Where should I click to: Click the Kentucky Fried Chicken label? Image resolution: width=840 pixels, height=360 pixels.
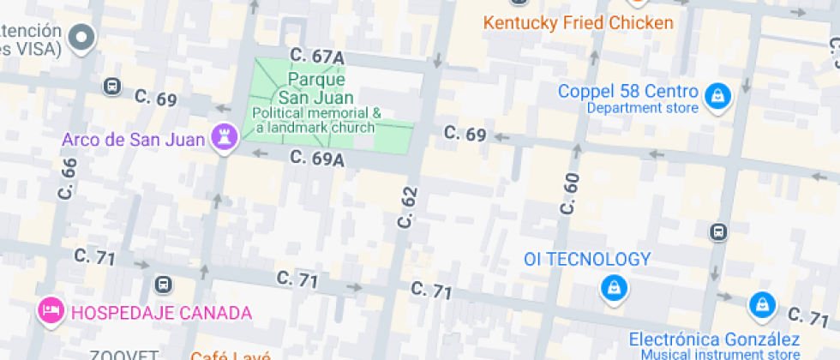pos(579,23)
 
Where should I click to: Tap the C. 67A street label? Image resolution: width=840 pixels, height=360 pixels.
pos(316,57)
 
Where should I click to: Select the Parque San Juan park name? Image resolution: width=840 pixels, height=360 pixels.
pos(310,87)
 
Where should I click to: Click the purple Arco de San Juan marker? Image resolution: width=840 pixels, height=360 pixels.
pos(225,138)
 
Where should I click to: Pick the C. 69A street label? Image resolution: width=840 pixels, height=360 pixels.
pos(316,159)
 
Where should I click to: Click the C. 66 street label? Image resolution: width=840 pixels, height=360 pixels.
pos(68,179)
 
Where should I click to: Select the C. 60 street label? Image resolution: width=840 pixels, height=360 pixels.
pos(571,194)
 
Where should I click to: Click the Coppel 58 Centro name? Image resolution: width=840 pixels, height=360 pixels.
pos(627,91)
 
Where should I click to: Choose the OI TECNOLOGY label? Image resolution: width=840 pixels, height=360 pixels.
pos(588,259)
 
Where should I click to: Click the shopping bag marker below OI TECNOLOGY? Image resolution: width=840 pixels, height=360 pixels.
pos(613,288)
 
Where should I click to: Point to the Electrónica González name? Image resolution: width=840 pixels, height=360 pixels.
pos(714,339)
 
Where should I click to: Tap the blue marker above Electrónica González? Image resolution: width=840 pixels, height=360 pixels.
pos(760,304)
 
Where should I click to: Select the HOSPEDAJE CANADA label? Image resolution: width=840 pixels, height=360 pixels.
pos(161,312)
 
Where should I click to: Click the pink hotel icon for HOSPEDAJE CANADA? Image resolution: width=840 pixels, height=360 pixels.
pos(51,310)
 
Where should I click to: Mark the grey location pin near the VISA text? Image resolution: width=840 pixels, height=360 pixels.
pos(83,38)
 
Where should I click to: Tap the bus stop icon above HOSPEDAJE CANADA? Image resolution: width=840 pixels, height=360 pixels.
pos(163,285)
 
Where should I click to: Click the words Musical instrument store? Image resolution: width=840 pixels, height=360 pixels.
pos(714,355)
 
